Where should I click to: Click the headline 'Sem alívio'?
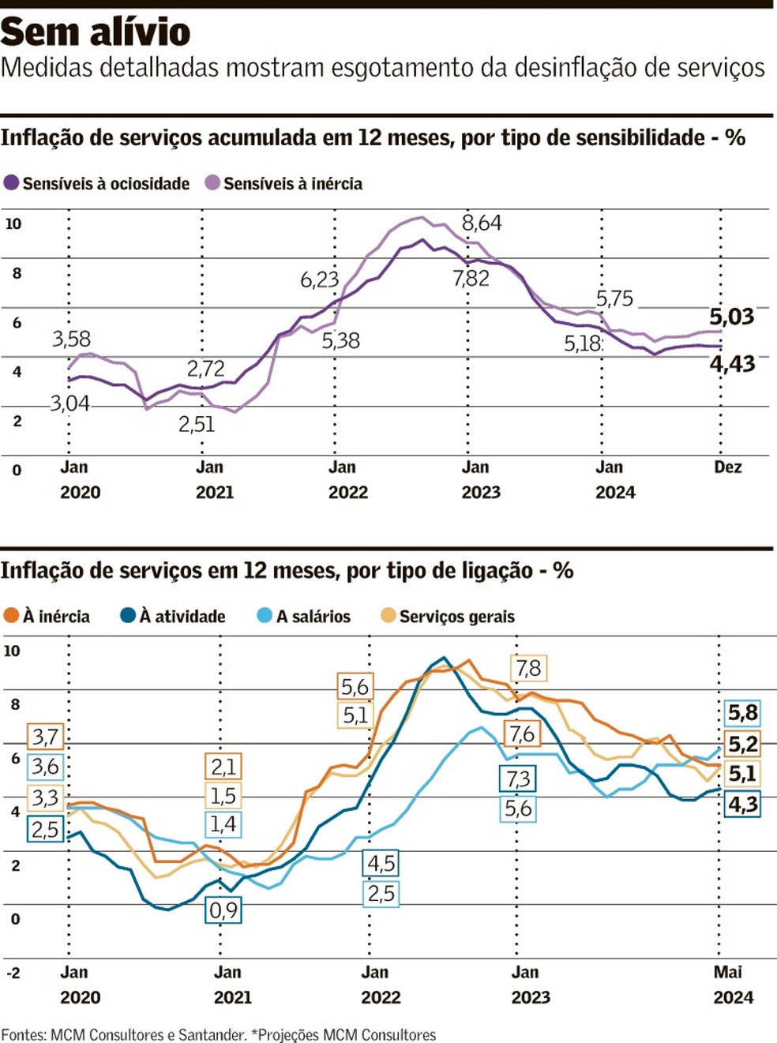[96, 32]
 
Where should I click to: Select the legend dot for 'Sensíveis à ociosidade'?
[11, 183]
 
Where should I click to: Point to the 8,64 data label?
[482, 223]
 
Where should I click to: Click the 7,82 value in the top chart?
[471, 278]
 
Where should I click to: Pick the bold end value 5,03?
[731, 317]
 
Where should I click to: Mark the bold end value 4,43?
[732, 364]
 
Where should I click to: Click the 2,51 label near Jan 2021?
[197, 425]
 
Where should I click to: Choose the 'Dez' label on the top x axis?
[727, 467]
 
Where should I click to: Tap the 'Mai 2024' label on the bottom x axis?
[732, 985]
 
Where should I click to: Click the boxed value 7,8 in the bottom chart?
[528, 669]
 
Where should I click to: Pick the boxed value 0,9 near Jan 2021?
[223, 910]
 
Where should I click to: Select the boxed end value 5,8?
[742, 713]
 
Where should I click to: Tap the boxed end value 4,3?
[742, 805]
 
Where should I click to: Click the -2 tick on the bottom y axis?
[13, 973]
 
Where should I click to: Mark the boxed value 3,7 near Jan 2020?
[45, 737]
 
